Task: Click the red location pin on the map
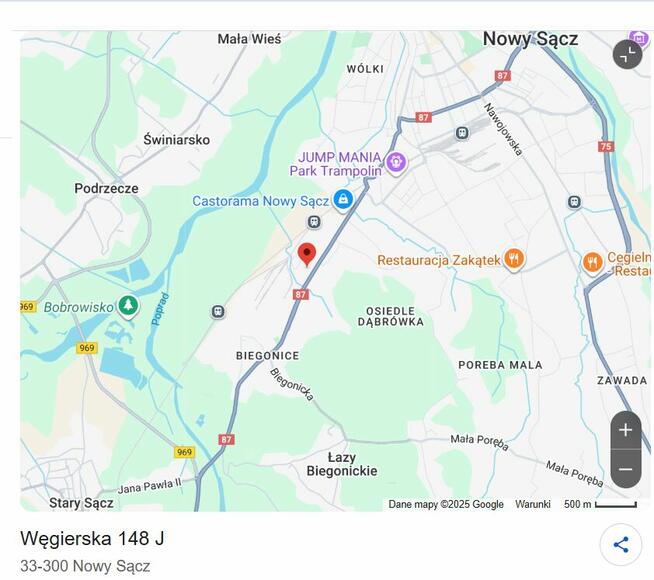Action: [x=307, y=253]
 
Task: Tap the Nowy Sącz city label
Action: [x=530, y=39]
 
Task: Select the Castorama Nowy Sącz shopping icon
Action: [x=343, y=200]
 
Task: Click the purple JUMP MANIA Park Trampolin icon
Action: [x=396, y=162]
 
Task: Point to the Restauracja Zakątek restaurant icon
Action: [x=514, y=260]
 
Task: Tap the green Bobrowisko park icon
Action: [x=128, y=305]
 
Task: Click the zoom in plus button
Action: [x=625, y=431]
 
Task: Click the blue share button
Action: [x=621, y=545]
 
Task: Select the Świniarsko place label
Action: [x=176, y=140]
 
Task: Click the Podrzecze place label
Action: [x=106, y=188]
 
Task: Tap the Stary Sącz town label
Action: [x=81, y=503]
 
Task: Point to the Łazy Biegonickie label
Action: [x=342, y=464]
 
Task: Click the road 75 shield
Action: [x=605, y=146]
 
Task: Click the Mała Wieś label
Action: [x=249, y=39]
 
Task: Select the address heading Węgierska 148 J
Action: [x=92, y=538]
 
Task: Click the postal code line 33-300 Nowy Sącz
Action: [x=85, y=566]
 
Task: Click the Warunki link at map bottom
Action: [x=533, y=504]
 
